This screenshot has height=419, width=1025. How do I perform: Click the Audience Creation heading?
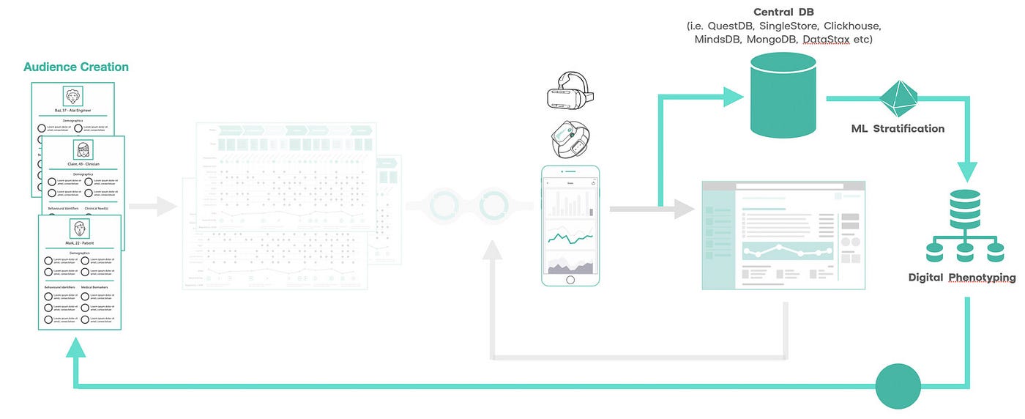point(76,67)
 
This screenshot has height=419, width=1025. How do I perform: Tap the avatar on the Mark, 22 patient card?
point(79,228)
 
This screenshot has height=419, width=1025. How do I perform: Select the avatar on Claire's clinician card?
point(83,149)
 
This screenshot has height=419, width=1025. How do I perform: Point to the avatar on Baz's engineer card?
point(72,96)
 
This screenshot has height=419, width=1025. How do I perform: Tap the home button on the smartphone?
point(570,280)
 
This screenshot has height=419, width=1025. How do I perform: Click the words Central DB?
point(783,12)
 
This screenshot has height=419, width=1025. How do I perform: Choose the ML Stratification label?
point(898,128)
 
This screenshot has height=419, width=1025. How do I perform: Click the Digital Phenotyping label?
point(961,278)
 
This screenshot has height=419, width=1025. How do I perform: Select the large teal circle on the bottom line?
point(898,385)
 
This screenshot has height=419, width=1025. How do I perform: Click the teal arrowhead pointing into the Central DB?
point(733,97)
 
